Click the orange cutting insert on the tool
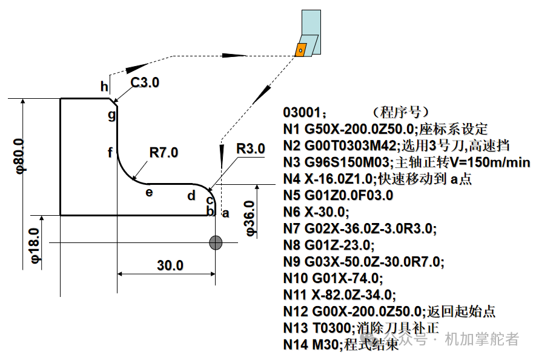300,50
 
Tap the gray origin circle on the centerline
216,242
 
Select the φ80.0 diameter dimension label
20,156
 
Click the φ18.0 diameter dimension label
36,245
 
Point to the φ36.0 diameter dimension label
250,218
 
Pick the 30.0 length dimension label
170,265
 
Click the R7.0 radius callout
164,152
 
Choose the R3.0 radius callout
251,148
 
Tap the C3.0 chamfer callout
145,82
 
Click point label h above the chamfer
105,86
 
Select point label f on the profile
110,152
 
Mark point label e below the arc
149,192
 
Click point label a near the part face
226,213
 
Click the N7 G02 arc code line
360,228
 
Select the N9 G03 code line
364,262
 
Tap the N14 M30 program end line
341,344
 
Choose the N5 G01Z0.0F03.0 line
339,195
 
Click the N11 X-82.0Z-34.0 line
340,295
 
